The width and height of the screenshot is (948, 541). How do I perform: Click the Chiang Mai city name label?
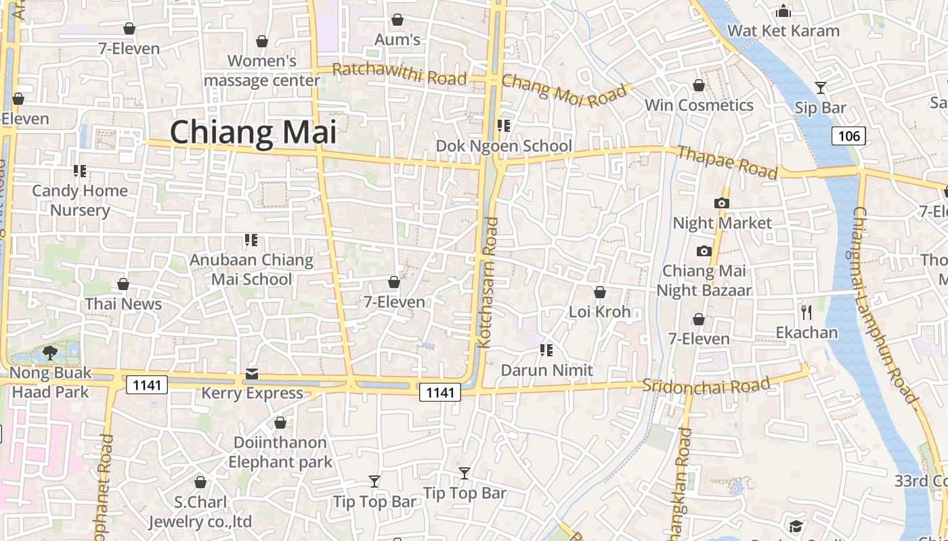(x=253, y=132)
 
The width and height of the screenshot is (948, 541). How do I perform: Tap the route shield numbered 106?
(x=848, y=136)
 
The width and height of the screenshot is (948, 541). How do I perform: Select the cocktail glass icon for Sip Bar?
(x=821, y=87)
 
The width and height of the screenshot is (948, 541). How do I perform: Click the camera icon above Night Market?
(x=721, y=203)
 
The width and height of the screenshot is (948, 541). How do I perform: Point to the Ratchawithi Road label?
(x=400, y=74)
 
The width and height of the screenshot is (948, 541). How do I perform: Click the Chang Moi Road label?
(x=555, y=91)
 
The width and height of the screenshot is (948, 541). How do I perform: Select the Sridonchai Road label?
(x=706, y=385)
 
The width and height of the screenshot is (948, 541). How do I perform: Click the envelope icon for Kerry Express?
(x=252, y=373)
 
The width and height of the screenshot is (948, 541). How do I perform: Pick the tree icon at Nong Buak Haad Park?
(x=49, y=352)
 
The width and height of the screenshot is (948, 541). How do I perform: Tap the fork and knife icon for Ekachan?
(x=806, y=312)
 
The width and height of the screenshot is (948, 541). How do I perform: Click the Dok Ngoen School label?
(x=504, y=146)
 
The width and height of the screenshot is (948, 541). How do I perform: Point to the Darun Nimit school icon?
(x=546, y=350)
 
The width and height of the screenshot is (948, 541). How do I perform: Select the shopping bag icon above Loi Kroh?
(x=599, y=292)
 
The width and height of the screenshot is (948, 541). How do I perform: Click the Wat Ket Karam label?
(x=783, y=30)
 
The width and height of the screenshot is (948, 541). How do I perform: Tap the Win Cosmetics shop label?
(x=699, y=105)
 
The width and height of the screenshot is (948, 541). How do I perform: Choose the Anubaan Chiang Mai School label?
(x=251, y=269)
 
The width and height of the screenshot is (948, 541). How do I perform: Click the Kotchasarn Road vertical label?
(x=488, y=283)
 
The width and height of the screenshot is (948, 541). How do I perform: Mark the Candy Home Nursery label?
(x=80, y=200)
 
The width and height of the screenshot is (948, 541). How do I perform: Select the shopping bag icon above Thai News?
(x=123, y=284)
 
